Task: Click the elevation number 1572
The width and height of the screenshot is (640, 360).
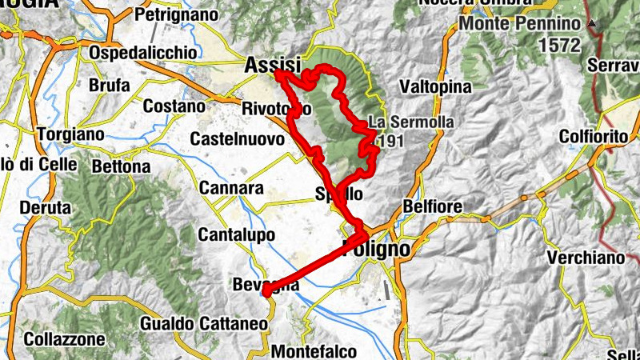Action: tap(559, 45)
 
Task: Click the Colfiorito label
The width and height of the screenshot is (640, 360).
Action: tap(594, 137)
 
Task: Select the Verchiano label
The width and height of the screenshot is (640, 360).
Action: tap(585, 258)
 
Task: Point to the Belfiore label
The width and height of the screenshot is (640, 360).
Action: tap(434, 207)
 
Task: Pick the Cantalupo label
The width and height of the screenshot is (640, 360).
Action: tap(236, 235)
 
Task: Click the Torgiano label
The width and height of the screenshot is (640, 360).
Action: tap(70, 134)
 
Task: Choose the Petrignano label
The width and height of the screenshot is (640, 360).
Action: tap(176, 14)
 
